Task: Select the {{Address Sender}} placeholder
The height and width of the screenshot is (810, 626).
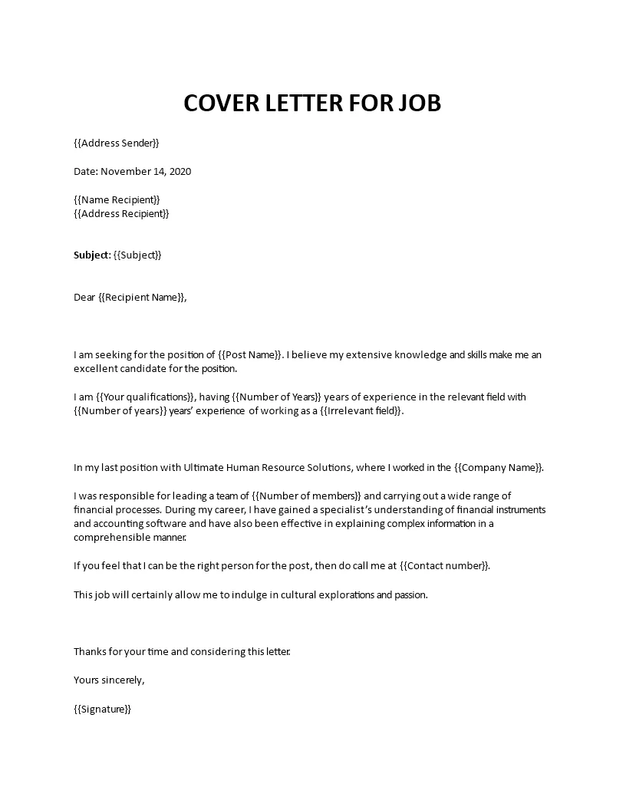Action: (x=117, y=143)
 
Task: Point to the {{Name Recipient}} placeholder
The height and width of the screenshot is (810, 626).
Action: (x=117, y=199)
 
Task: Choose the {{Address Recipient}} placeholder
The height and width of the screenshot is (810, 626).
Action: (x=121, y=213)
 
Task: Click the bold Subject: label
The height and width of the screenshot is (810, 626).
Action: (x=92, y=255)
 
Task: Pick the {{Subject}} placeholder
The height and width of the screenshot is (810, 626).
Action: (x=137, y=255)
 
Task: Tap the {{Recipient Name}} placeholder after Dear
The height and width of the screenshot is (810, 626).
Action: (x=142, y=297)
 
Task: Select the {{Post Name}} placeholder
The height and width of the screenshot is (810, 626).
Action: (x=250, y=355)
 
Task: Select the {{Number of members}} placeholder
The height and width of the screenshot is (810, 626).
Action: (x=307, y=496)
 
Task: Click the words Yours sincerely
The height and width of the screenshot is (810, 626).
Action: (x=109, y=680)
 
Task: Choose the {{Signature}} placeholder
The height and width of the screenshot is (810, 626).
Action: (x=103, y=710)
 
